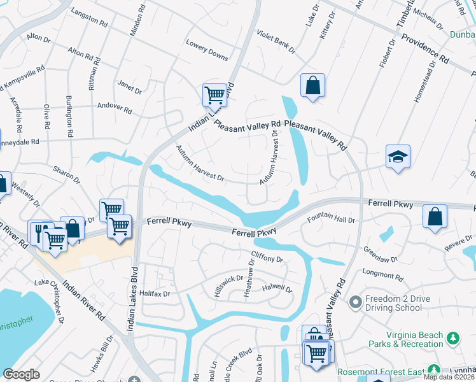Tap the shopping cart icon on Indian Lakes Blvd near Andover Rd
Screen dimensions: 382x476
pos(215,95)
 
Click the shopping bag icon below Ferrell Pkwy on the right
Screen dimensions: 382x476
pos(435,216)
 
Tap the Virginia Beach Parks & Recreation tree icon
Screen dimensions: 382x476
pos(453,337)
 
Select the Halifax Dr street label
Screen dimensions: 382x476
pos(156,294)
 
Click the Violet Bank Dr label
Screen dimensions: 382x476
pos(276,40)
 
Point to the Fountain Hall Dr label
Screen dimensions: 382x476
pos(331,220)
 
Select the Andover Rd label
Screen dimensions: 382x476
pos(115,108)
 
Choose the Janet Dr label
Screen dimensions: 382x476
pos(130,87)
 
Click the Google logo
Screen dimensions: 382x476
pos(22,374)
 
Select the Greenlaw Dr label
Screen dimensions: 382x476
pos(380,255)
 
